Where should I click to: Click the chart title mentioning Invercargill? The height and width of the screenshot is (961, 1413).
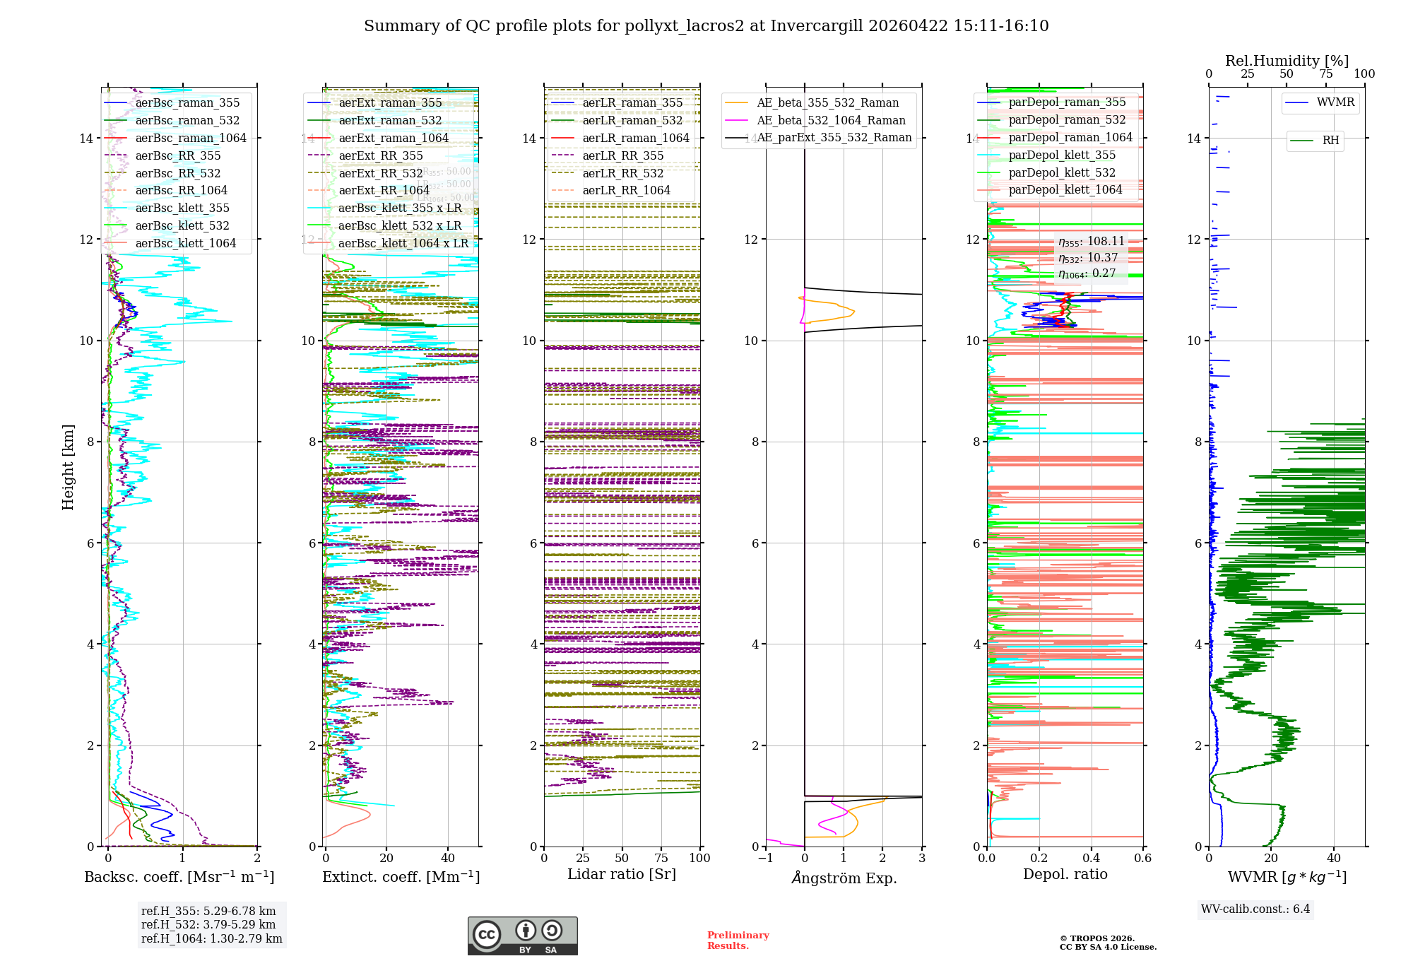[706, 26]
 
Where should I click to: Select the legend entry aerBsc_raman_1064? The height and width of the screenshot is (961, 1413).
[191, 138]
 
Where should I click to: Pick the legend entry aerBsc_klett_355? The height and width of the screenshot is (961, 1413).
[182, 208]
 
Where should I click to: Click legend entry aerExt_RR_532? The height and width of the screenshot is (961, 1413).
[380, 173]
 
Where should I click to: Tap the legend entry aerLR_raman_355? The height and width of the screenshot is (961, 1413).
[632, 102]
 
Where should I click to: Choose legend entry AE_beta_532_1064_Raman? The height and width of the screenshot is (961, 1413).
[831, 120]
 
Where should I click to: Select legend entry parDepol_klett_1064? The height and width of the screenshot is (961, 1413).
[1065, 189]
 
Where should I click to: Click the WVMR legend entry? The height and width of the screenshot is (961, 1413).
[1335, 102]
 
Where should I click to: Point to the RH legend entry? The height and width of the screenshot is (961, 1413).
[1330, 141]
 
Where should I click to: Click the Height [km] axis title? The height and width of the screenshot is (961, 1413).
[68, 467]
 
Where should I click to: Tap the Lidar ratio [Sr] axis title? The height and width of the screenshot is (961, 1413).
[622, 874]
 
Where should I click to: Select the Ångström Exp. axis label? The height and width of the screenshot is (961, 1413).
[844, 878]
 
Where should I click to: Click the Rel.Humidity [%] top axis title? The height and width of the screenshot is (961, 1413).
[1287, 61]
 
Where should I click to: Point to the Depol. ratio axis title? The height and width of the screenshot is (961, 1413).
[1065, 874]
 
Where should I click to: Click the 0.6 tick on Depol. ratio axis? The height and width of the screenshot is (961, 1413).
[1142, 859]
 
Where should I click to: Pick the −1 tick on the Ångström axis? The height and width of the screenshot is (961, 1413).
[766, 859]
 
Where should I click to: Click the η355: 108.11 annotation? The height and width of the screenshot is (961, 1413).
[1091, 242]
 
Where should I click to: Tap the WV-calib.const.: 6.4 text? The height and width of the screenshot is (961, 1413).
[1255, 909]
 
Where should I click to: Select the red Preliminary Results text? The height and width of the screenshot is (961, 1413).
[738, 940]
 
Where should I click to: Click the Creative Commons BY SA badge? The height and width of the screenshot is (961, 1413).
[522, 936]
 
